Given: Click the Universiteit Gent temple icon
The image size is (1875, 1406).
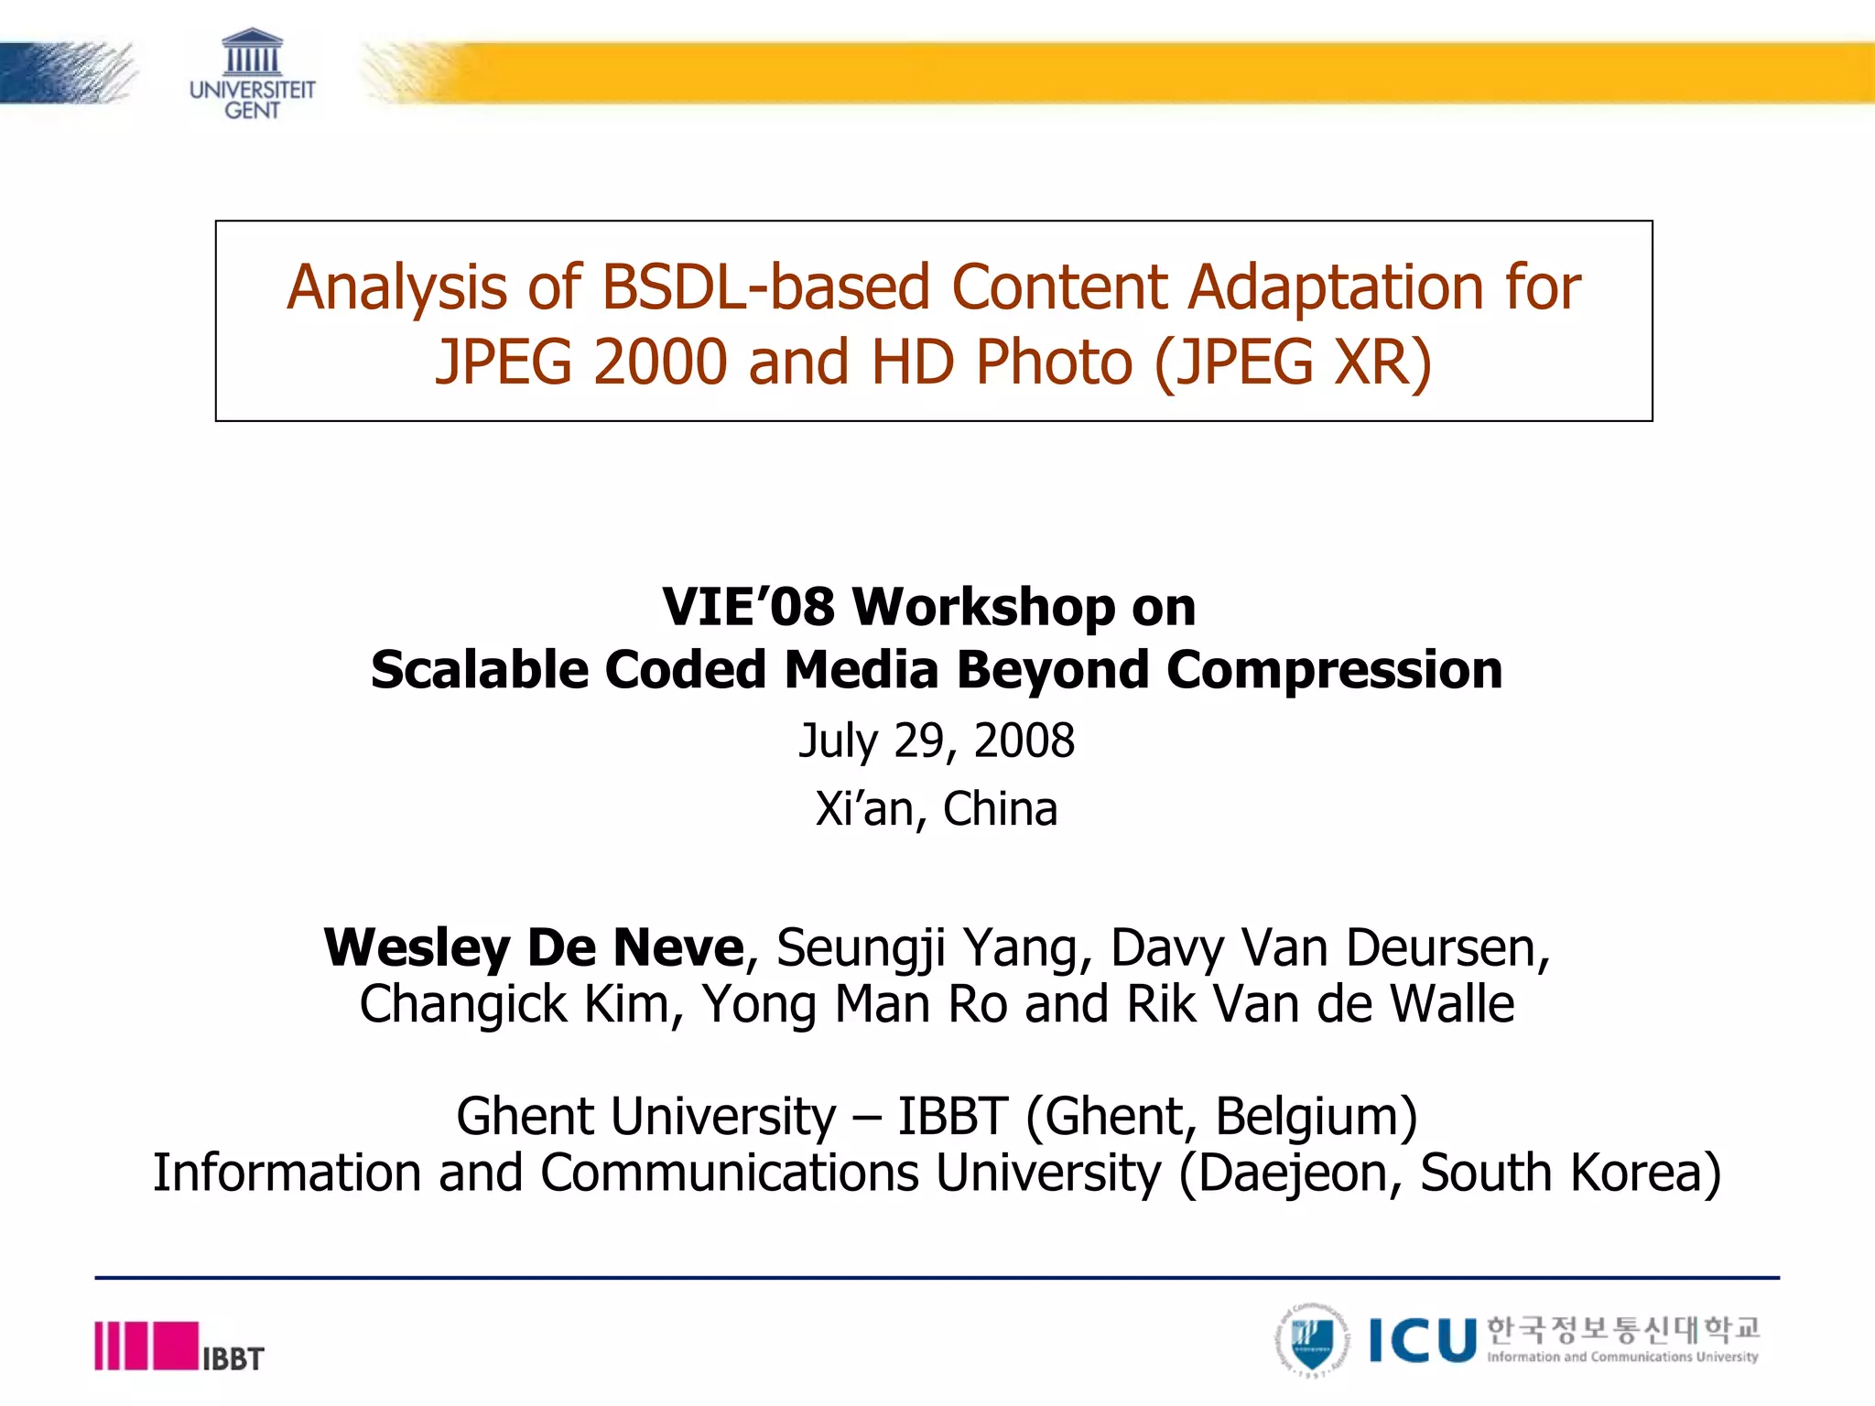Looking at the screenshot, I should click(252, 52).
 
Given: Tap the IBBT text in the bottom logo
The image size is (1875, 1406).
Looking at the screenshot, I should click(233, 1358).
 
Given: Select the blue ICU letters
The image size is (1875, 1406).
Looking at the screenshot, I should click(1423, 1342).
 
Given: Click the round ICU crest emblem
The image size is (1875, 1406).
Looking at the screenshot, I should click(1312, 1341).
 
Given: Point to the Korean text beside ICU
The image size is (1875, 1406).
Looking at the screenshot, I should click(1622, 1328).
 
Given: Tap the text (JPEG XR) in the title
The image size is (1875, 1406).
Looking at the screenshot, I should click(1293, 362).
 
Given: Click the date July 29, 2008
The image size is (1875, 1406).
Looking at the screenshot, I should click(937, 741).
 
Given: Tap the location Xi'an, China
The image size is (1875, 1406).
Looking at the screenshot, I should click(937, 809).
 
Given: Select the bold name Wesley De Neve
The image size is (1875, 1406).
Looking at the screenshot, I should click(534, 947).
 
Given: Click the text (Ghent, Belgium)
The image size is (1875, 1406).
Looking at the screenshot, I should click(1221, 1117).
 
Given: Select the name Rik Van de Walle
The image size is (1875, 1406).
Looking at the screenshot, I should click(1320, 1004).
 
